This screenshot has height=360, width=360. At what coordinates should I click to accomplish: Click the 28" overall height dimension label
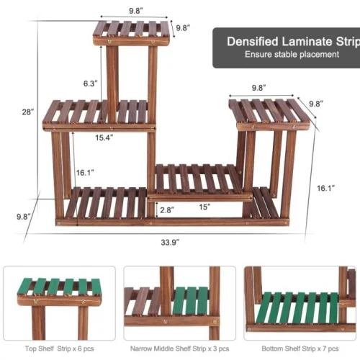(28, 112)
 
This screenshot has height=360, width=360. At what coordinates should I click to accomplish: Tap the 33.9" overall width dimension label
(170, 243)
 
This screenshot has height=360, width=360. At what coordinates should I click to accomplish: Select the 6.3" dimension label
(90, 84)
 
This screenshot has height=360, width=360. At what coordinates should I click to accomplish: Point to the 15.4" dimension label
(104, 138)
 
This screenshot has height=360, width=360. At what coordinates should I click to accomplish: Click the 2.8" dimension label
(167, 210)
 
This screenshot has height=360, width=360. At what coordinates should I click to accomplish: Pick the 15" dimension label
(204, 207)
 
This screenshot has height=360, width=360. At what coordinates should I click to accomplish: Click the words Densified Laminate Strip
(293, 42)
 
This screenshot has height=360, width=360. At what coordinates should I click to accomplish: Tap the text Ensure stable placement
(292, 55)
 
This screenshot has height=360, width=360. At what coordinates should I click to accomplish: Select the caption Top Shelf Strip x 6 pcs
(59, 348)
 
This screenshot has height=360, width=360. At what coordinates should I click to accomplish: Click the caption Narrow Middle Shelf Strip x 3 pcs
(179, 348)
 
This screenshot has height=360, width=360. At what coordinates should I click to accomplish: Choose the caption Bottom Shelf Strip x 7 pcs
(300, 348)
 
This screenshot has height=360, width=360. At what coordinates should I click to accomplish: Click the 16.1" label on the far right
(325, 189)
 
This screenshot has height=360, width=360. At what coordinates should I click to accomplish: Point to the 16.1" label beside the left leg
(85, 173)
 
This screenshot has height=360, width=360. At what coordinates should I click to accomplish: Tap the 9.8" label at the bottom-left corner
(24, 217)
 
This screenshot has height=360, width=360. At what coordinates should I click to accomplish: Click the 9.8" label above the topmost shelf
(136, 11)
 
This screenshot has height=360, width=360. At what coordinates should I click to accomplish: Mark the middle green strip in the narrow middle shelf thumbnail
(192, 301)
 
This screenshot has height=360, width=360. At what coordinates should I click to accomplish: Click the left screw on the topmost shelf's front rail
(109, 42)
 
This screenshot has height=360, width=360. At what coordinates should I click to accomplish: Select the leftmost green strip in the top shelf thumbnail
(24, 286)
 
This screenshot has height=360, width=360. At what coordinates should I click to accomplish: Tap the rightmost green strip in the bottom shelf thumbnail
(334, 308)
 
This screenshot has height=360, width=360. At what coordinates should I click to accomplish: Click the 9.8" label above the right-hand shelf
(258, 88)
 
